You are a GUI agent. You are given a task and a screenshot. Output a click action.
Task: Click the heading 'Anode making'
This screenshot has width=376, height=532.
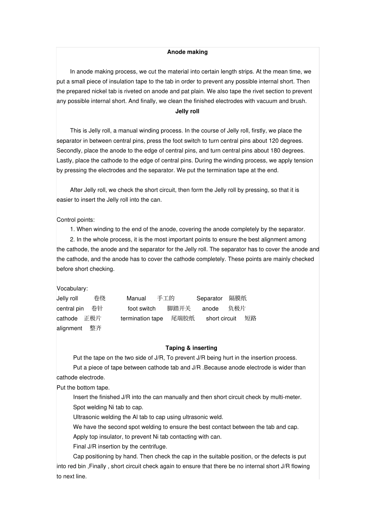pos(187,52)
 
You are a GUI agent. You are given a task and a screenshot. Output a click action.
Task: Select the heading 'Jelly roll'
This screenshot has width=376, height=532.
pos(187,111)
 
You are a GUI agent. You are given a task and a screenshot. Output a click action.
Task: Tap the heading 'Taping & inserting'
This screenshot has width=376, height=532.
pos(191,348)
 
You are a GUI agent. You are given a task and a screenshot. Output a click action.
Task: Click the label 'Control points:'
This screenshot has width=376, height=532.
pos(76,220)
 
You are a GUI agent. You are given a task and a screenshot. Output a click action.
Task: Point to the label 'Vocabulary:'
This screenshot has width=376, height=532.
pos(72,288)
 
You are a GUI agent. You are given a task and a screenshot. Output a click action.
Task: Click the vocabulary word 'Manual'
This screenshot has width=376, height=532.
pos(136,298)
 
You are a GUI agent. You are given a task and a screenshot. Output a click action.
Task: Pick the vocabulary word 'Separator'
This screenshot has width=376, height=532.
pos(209,298)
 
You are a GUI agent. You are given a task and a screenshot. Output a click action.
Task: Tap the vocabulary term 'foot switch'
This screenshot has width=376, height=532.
pos(142,309)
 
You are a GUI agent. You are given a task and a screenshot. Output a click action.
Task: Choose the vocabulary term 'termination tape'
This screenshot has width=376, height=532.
pos(142,318)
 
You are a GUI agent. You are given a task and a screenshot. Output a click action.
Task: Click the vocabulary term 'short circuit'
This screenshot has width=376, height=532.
pos(221,318)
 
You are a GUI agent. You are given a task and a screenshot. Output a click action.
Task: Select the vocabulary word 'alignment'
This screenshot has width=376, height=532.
pos(69,328)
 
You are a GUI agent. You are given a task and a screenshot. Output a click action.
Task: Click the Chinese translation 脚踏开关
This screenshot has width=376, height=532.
pos(179,309)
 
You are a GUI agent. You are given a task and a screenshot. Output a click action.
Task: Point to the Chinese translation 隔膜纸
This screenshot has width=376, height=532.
pos(238,298)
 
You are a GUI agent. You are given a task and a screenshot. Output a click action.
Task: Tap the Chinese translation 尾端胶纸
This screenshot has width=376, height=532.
pos(183,318)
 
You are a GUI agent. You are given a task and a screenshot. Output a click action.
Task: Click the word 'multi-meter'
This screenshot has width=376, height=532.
pos(286,397)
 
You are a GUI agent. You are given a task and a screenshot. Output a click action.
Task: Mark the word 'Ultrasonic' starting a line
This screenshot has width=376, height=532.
pos(87,417)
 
